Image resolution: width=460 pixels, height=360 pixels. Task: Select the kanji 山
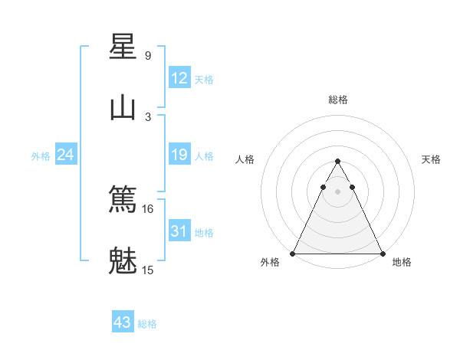pos(123,108)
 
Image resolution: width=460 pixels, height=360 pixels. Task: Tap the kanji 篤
pos(123,199)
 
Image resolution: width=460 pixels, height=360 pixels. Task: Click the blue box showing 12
pos(179,78)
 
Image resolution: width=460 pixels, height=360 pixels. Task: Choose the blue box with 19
pos(179,155)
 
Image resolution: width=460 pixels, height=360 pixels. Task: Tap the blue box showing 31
pos(179,231)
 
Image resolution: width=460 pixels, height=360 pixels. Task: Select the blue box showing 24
pos(65,155)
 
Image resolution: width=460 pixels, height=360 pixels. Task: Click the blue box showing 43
pos(123,322)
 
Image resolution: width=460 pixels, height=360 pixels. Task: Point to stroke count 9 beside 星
pos(148,56)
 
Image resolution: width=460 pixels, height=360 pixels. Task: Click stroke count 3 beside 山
pos(148,117)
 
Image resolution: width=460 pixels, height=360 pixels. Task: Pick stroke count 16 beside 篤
pos(148,208)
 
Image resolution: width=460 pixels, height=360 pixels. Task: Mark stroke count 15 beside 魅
pos(148,270)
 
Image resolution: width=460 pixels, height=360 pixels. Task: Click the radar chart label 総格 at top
pos(338,100)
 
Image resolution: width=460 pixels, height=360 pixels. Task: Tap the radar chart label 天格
pos(432,159)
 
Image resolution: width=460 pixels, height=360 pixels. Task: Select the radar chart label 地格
pos(402,263)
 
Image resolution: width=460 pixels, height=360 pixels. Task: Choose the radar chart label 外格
pos(270,263)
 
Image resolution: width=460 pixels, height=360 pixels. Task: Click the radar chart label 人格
pos(245,159)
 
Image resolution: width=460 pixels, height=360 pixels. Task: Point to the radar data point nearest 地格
pos(382,253)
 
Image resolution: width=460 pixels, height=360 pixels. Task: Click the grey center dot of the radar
pos(337,191)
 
